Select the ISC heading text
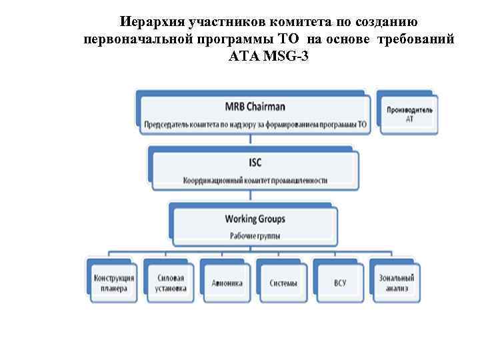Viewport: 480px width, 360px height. (255, 163)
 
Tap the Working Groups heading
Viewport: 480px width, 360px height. (255, 219)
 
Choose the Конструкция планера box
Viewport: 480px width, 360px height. (113, 283)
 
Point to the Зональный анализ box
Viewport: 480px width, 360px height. (397, 283)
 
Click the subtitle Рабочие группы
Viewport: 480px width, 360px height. (255, 235)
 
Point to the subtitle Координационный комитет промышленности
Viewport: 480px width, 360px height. (255, 180)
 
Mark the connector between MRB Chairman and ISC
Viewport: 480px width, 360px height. (251, 141)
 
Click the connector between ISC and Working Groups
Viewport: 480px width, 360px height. (251, 197)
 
